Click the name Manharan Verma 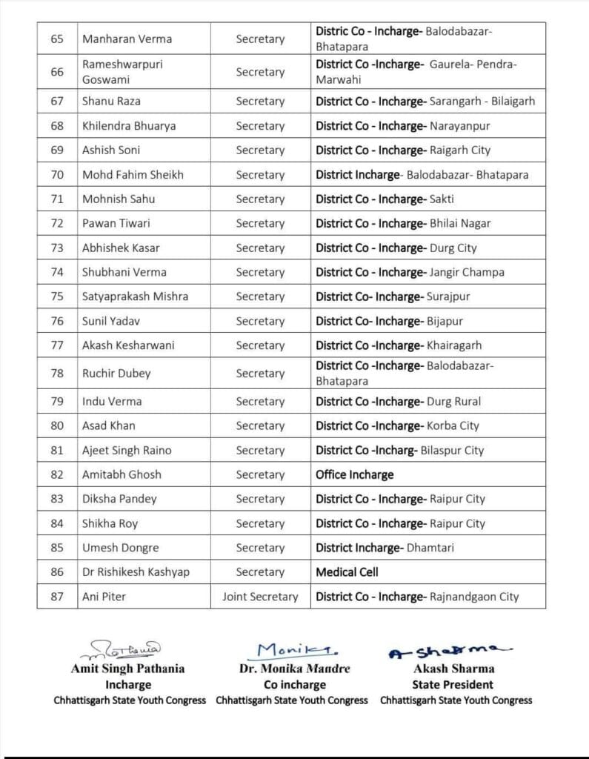[127, 39]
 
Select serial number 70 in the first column [57, 175]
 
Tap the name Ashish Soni [111, 150]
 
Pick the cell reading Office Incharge [355, 474]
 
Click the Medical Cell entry [347, 572]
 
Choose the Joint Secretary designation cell [260, 597]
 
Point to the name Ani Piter [104, 597]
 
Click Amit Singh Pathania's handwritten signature [127, 651]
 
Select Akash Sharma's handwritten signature [450, 652]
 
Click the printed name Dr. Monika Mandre [295, 669]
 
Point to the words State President [453, 684]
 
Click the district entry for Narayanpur [403, 126]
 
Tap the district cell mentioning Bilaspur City [400, 450]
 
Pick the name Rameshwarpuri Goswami [122, 72]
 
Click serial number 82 [57, 474]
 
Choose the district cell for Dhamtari [385, 548]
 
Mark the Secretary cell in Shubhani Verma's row [260, 272]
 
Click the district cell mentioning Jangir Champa [410, 272]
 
